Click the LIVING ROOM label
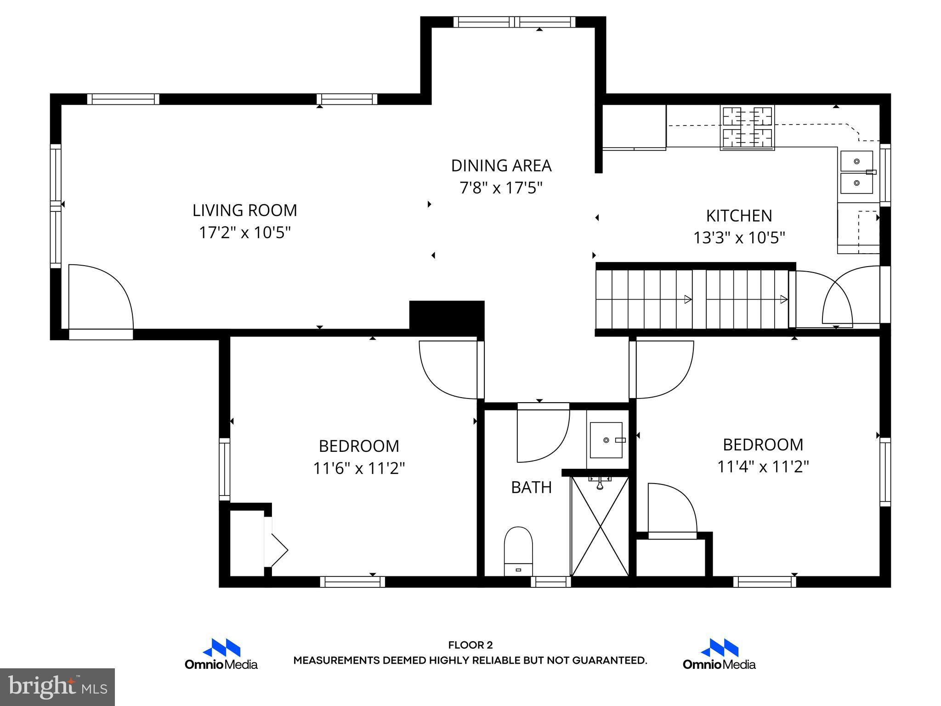coord(244,211)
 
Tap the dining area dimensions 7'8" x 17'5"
coord(501,188)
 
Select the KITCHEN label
coord(739,216)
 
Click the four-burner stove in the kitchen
coord(747,128)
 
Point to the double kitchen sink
coord(856,172)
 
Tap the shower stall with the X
coord(600,526)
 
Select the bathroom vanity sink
coord(606,440)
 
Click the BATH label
coord(531,487)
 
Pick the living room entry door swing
coord(101,296)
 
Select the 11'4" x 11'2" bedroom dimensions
coord(763,467)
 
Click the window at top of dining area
coord(515,22)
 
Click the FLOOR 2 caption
coord(470,645)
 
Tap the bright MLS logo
coord(57,687)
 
